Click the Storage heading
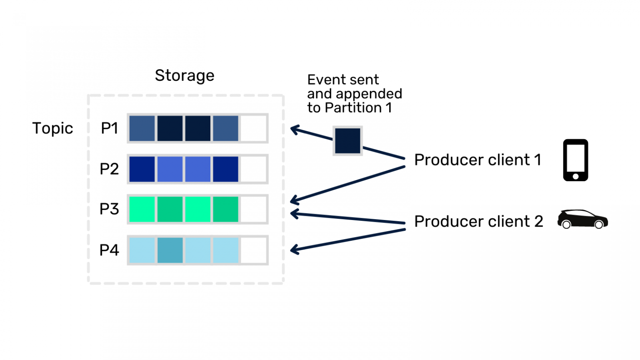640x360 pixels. [185, 76]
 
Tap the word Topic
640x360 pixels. [52, 128]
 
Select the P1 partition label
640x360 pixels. [110, 128]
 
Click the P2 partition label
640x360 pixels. [109, 169]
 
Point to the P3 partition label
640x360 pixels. [109, 209]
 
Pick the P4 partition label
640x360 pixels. [109, 250]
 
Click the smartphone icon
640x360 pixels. [575, 160]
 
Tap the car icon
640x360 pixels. [582, 219]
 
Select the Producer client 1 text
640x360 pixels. [477, 160]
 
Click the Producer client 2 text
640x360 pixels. [478, 222]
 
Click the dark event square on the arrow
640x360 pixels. [347, 141]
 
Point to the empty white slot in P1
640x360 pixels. [253, 128]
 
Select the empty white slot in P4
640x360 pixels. [253, 250]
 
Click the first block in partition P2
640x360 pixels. [142, 169]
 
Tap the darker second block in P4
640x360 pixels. [170, 250]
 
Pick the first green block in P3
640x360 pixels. [142, 209]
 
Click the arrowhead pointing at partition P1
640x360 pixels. [294, 130]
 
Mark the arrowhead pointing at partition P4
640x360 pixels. [294, 250]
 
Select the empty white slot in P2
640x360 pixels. [253, 169]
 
